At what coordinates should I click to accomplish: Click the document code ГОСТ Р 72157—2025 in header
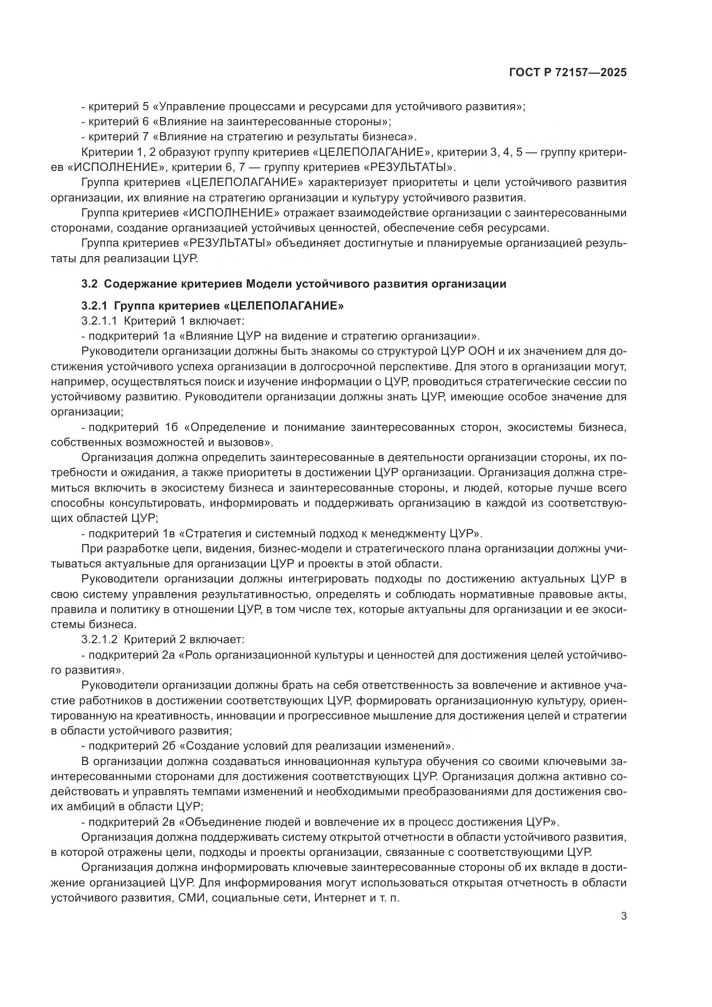tap(568, 73)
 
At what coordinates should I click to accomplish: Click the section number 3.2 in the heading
tap(89, 284)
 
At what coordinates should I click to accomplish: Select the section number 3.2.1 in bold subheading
tap(94, 306)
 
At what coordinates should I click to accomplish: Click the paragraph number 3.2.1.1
tap(99, 321)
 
